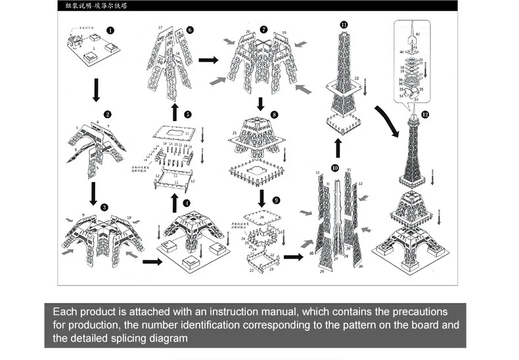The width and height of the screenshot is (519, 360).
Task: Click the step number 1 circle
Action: [x=110, y=30]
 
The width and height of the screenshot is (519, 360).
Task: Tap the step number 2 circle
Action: [x=108, y=114]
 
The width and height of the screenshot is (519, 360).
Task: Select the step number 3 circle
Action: [x=104, y=207]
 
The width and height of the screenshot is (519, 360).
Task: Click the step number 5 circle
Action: [x=188, y=114]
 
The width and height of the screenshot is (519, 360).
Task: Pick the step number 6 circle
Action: [x=190, y=30]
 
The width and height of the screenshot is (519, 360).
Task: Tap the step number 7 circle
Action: [x=263, y=30]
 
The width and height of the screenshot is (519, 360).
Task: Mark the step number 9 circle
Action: [x=276, y=200]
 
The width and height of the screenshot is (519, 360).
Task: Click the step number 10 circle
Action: [x=334, y=168]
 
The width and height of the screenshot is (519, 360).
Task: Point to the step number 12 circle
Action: [x=425, y=114]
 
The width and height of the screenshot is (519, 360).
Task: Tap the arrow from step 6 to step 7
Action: [x=208, y=60]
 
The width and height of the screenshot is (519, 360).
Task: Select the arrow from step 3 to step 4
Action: [x=152, y=261]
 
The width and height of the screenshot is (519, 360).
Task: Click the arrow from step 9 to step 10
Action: [x=293, y=257]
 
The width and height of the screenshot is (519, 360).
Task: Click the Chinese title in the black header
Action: [x=92, y=6]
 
